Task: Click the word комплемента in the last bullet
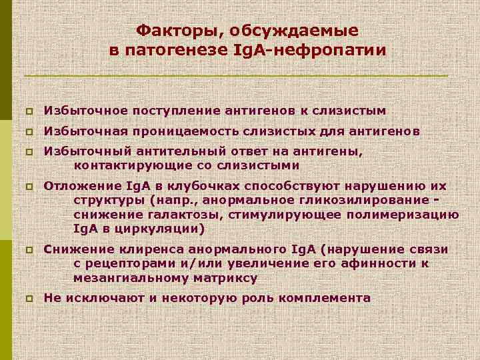tap(325, 298)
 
